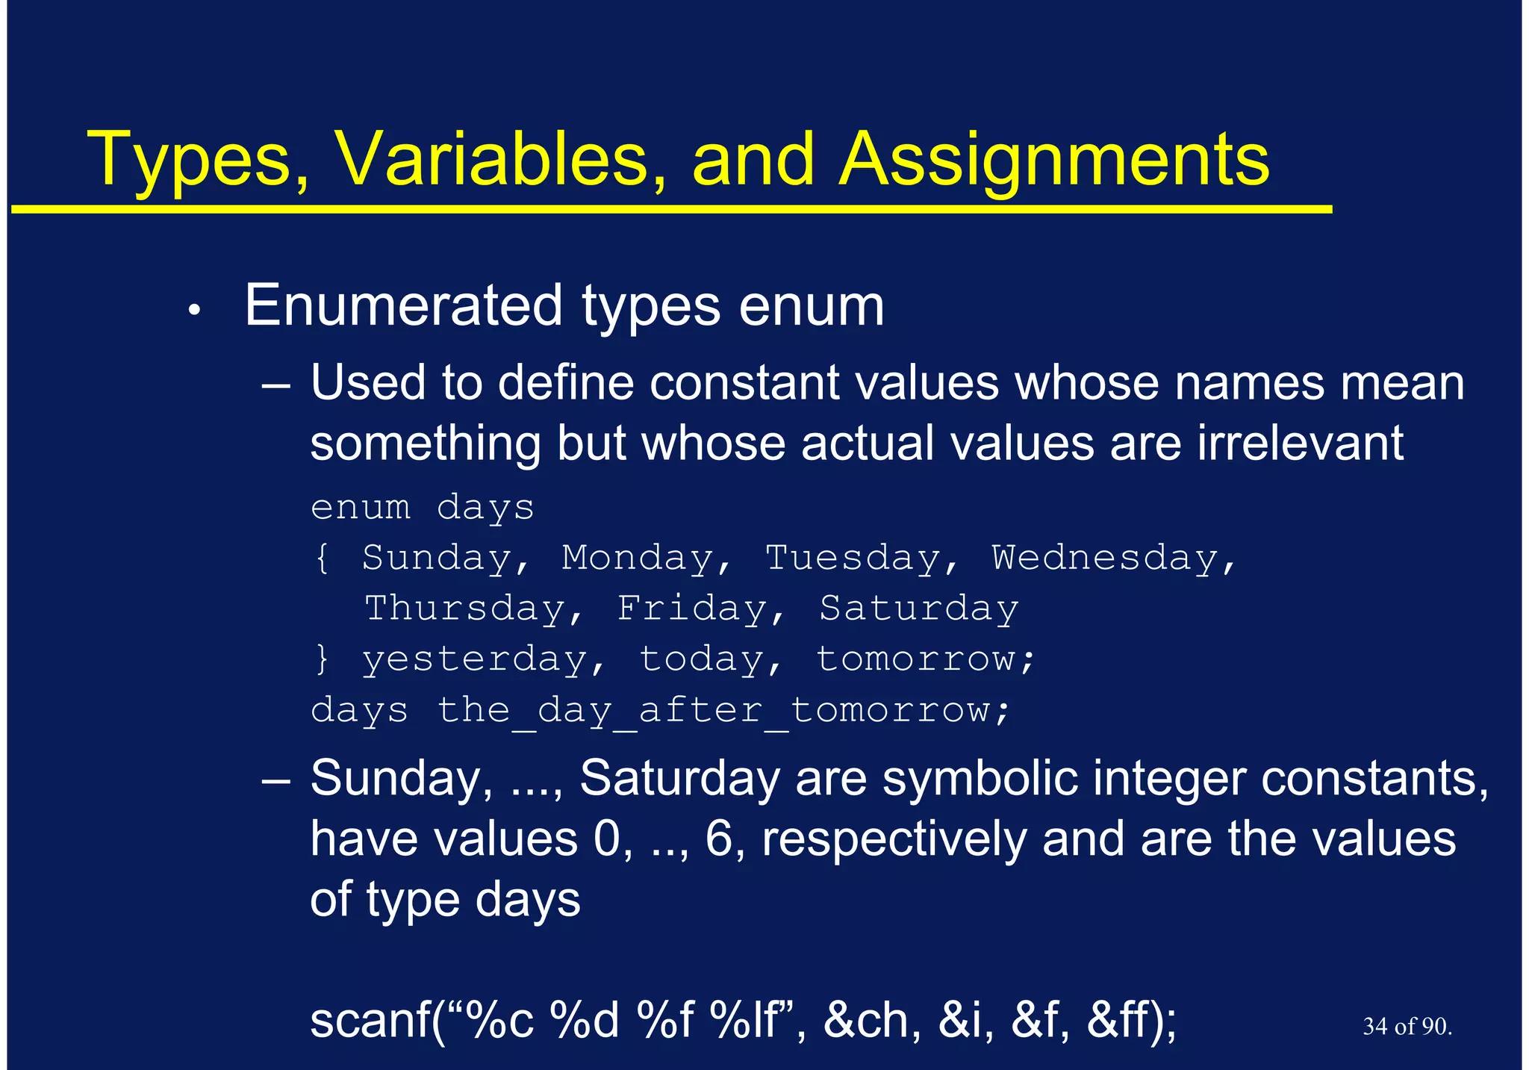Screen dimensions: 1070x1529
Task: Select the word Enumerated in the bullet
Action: click(x=403, y=305)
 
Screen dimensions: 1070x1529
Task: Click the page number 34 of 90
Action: click(x=1407, y=1027)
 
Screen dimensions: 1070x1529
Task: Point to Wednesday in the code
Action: click(x=1105, y=559)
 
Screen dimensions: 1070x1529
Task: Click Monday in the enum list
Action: click(x=638, y=559)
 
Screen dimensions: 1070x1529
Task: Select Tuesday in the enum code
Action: click(x=853, y=559)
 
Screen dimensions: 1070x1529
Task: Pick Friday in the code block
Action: click(x=692, y=609)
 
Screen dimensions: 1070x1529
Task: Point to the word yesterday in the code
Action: click(x=475, y=660)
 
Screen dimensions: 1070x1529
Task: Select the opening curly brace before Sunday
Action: click(x=322, y=559)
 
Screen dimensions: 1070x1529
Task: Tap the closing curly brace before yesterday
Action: click(x=322, y=660)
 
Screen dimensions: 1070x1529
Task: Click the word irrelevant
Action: click(x=1300, y=443)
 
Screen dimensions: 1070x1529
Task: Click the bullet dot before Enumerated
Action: click(x=194, y=310)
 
